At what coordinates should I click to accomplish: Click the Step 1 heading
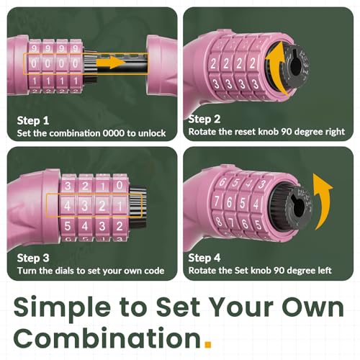coord(33,120)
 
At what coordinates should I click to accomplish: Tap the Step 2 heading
coord(204,119)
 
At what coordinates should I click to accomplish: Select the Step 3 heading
coord(33,258)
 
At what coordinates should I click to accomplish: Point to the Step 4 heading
coord(204,258)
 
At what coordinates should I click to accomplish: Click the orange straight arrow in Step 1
coord(111,62)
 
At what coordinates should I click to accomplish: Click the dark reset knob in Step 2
coord(296,66)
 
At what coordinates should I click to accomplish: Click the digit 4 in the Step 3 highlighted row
coord(68,206)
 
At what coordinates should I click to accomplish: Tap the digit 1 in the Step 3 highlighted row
coord(120,206)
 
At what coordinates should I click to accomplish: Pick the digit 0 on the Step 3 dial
coord(120,185)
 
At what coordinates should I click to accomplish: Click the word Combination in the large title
coord(107,338)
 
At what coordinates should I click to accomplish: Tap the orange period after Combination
coord(208,344)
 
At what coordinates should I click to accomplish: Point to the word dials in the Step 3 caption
coord(65,271)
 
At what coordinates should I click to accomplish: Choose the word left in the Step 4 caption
coord(325,270)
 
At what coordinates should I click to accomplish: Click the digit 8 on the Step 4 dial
coord(219,221)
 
